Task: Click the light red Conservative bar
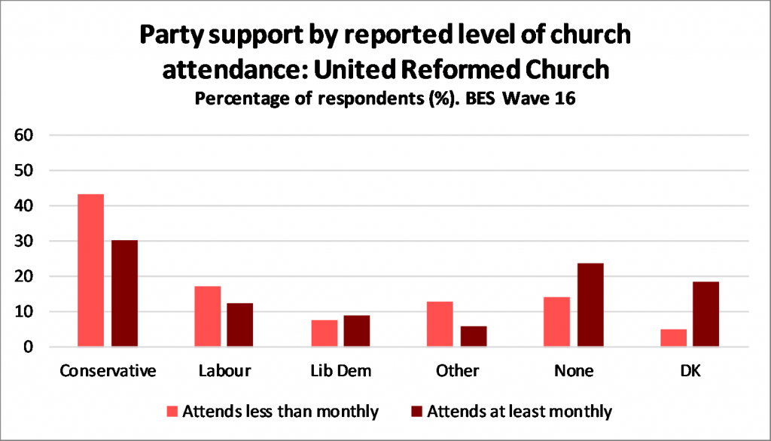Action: pyautogui.click(x=91, y=271)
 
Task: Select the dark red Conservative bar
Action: pyautogui.click(x=124, y=293)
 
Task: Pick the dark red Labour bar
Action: pyautogui.click(x=240, y=324)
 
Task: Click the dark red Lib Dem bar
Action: pyautogui.click(x=357, y=330)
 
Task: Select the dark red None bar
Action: pyautogui.click(x=590, y=305)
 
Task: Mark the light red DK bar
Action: pyautogui.click(x=674, y=338)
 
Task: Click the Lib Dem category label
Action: pyautogui.click(x=340, y=371)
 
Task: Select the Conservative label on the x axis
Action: pyautogui.click(x=108, y=371)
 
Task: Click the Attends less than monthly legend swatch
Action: pyautogui.click(x=172, y=411)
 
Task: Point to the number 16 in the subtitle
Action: pyautogui.click(x=563, y=99)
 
